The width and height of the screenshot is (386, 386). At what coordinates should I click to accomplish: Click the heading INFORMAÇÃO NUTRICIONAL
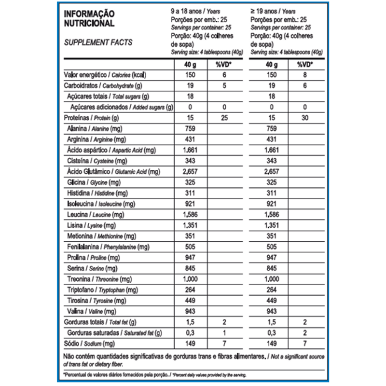(89, 18)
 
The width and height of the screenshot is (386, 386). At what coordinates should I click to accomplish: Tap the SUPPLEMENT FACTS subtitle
(98, 42)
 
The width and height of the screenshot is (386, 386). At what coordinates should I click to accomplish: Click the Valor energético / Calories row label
(105, 75)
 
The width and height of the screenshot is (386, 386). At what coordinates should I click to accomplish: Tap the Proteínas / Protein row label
(91, 118)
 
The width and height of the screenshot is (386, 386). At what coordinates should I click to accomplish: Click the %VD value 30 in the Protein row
(304, 118)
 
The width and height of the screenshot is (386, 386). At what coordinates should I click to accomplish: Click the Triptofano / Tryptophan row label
(102, 289)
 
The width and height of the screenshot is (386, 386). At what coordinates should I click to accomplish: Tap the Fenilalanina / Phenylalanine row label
(108, 247)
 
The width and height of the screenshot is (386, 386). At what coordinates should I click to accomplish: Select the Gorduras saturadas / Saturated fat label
(114, 332)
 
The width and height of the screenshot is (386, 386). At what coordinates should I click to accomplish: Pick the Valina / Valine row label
(92, 311)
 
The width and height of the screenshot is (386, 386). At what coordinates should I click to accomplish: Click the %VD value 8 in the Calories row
(304, 75)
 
